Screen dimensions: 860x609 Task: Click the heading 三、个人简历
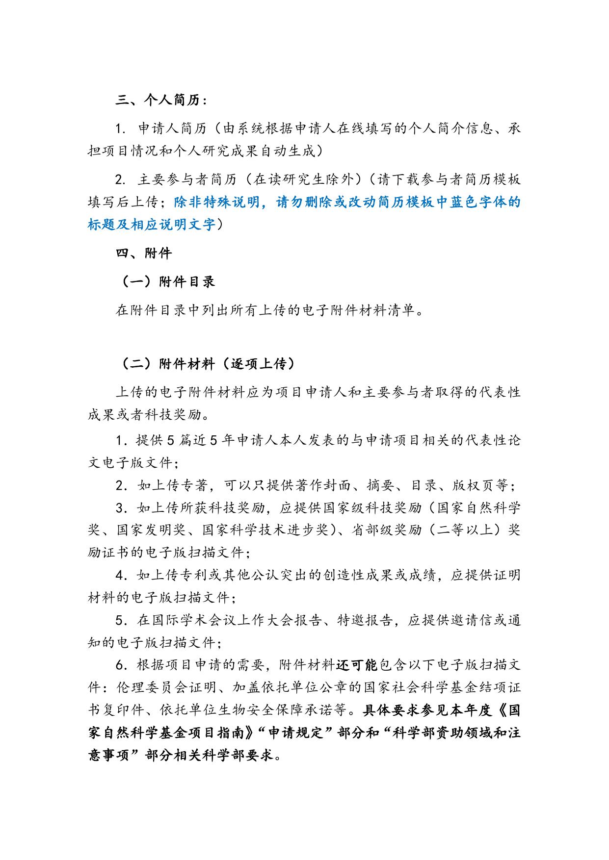coord(161,100)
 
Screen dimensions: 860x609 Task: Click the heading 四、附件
coord(144,253)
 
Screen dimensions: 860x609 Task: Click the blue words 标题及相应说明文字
coord(152,225)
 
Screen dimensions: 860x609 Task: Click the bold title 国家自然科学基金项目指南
coord(159,733)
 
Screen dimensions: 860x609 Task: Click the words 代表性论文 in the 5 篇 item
coord(493,440)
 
